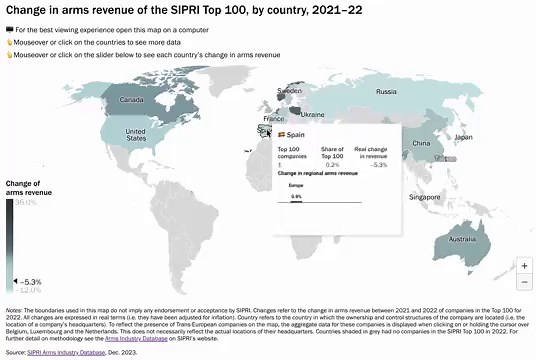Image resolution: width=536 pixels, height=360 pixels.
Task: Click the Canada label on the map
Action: (131, 100)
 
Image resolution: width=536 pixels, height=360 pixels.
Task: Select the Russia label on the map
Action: (387, 92)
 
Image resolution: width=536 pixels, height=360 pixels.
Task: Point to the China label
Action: (420, 143)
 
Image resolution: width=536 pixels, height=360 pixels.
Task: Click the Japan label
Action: (463, 137)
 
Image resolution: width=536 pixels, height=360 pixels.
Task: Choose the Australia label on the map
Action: (462, 240)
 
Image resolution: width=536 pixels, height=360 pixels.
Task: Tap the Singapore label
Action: (424, 197)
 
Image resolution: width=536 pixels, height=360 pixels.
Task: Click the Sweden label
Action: (289, 91)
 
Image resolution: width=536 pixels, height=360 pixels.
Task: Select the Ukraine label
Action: (312, 114)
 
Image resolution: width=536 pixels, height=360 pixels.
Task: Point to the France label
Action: (274, 119)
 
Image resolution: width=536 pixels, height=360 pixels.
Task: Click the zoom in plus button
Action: (524, 266)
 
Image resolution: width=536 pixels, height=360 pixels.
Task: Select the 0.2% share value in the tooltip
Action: (334, 164)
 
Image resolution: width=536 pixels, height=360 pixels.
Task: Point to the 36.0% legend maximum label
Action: (25, 202)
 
